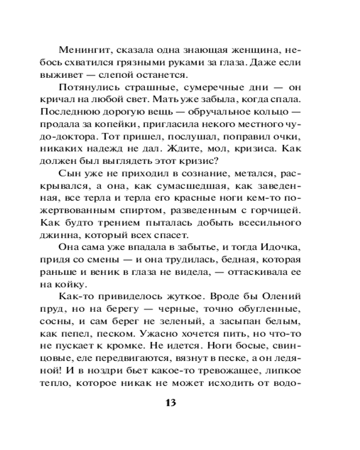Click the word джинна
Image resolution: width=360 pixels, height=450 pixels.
pos(56,234)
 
